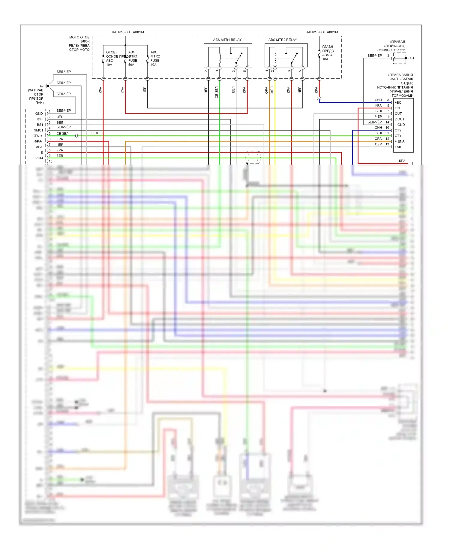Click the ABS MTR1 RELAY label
(227, 40)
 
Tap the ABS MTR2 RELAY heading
(283, 40)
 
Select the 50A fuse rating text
(131, 65)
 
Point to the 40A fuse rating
(153, 65)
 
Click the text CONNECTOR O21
(391, 50)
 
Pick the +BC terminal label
(398, 102)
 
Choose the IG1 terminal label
(397, 108)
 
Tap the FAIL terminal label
(398, 147)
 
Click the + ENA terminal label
(400, 141)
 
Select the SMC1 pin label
(38, 130)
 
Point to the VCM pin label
(39, 158)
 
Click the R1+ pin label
(40, 119)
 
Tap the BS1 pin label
(40, 125)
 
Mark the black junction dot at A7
(48, 86)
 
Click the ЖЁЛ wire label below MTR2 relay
(272, 90)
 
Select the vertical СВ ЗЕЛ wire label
(217, 92)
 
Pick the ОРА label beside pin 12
(378, 139)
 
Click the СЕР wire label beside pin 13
(378, 144)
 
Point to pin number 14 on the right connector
(387, 122)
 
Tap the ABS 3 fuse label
(327, 55)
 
